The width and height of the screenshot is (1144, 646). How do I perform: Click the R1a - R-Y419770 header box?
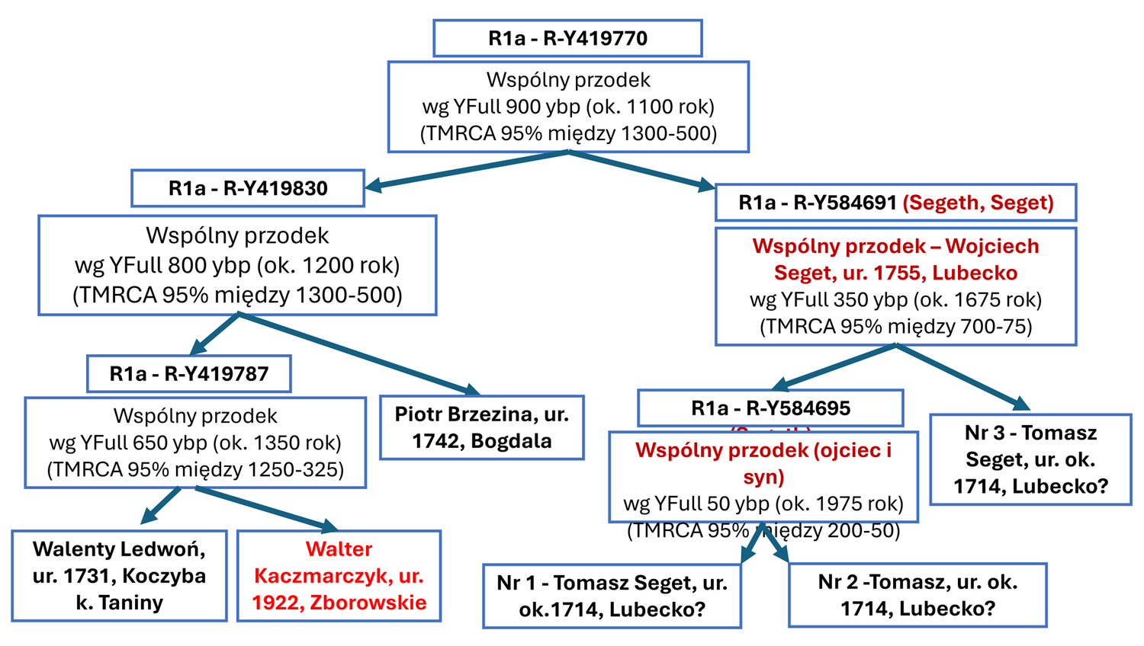pyautogui.click(x=567, y=38)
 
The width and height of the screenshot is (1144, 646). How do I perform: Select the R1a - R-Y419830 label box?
pyautogui.click(x=248, y=188)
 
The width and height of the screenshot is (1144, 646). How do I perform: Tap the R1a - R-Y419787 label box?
pyautogui.click(x=189, y=373)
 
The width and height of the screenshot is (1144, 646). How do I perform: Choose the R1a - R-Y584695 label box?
pyautogui.click(x=770, y=408)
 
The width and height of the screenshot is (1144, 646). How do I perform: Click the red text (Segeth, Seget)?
pyautogui.click(x=978, y=203)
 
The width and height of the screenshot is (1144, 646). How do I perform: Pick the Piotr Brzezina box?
pyautogui.click(x=481, y=427)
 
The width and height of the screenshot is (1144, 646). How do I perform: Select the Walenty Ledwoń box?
pyautogui.click(x=119, y=575)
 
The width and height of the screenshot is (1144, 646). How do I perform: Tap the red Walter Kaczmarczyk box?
pyautogui.click(x=339, y=575)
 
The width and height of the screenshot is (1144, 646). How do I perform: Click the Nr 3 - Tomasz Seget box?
pyautogui.click(x=1030, y=459)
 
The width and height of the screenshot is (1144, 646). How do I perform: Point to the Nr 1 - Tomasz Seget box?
pyautogui.click(x=612, y=596)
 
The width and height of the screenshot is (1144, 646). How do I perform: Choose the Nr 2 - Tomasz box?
pyautogui.click(x=917, y=595)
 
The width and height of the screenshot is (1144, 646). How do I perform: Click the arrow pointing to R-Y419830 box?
pyautogui.click(x=465, y=170)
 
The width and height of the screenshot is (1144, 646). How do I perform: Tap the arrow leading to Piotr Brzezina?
pyautogui.click(x=358, y=353)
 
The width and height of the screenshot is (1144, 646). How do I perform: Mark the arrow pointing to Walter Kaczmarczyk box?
pyautogui.click(x=267, y=508)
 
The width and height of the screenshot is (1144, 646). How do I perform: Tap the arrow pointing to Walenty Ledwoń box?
pyautogui.click(x=162, y=504)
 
